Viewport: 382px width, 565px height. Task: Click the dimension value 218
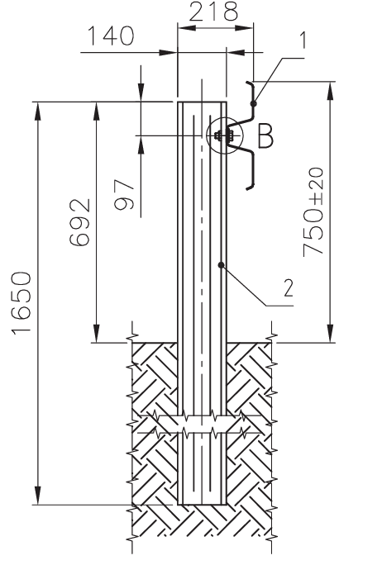[x=213, y=12]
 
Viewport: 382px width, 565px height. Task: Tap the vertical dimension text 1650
[x=21, y=302]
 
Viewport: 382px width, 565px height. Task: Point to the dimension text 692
[x=79, y=223]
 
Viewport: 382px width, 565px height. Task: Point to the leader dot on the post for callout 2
[x=222, y=264]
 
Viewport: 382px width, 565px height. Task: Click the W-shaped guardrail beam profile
[x=250, y=136]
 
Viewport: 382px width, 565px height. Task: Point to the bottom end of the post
[x=203, y=504]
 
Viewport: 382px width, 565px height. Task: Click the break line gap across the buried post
[x=203, y=425]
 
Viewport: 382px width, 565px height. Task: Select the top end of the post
[x=203, y=102]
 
